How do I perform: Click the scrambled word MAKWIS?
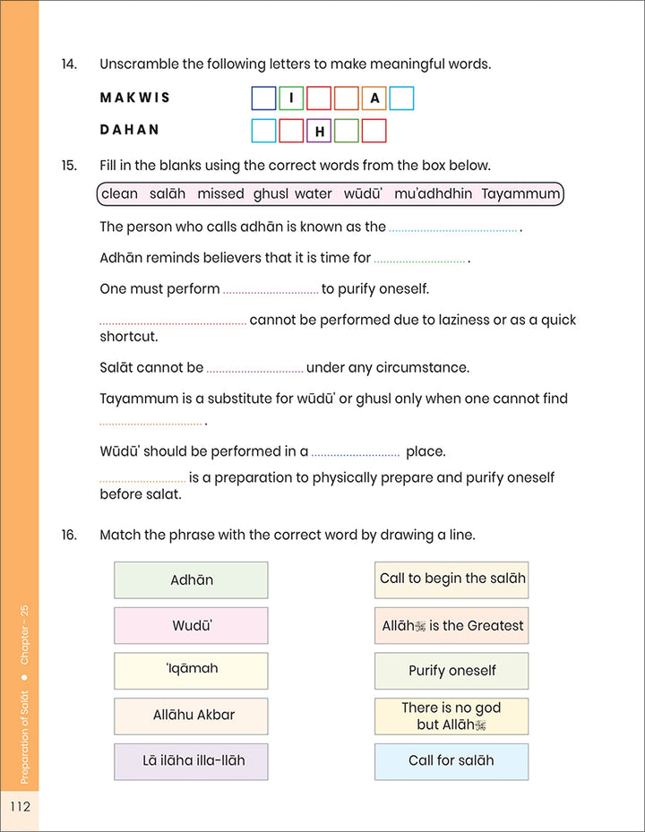(134, 98)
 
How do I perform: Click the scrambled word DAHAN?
(129, 130)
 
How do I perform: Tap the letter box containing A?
(374, 99)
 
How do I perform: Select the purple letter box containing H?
(319, 132)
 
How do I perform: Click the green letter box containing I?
(291, 99)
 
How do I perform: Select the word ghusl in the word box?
(271, 193)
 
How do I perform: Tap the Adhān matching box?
(191, 580)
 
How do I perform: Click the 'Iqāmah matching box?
(191, 670)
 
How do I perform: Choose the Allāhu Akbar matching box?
(191, 716)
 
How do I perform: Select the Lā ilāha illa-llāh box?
(191, 761)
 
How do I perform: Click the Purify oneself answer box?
(451, 671)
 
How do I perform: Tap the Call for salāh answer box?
(451, 761)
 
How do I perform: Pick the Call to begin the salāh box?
(451, 579)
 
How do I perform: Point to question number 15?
(69, 166)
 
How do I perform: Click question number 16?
(69, 536)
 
